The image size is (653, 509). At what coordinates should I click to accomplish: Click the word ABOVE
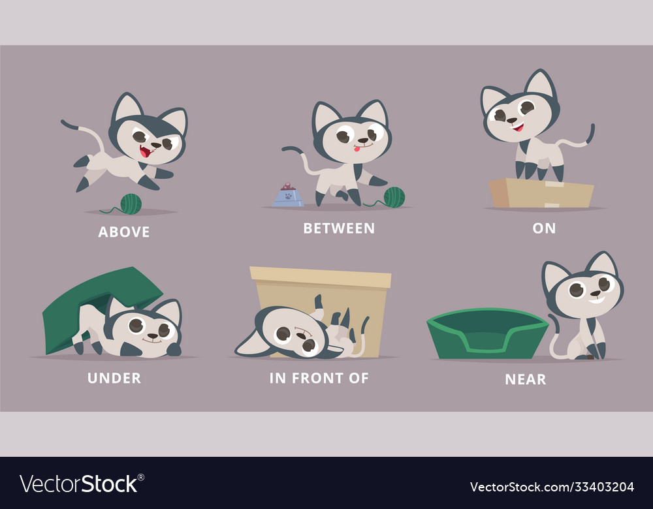tap(124, 232)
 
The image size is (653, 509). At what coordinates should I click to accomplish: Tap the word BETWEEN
tap(339, 228)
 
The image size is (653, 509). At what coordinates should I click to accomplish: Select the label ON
tap(544, 228)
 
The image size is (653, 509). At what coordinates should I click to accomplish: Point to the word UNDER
tap(114, 378)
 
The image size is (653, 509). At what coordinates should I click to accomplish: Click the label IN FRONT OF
tap(319, 378)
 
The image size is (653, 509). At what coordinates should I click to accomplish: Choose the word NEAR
tap(526, 379)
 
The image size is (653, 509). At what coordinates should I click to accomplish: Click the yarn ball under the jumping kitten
tap(131, 204)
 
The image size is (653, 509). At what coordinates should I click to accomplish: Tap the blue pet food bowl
tap(288, 196)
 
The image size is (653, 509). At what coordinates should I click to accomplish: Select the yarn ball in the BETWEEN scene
tap(394, 197)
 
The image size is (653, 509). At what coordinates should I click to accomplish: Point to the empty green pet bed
tap(487, 333)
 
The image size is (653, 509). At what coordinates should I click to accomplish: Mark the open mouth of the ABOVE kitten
tap(146, 151)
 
